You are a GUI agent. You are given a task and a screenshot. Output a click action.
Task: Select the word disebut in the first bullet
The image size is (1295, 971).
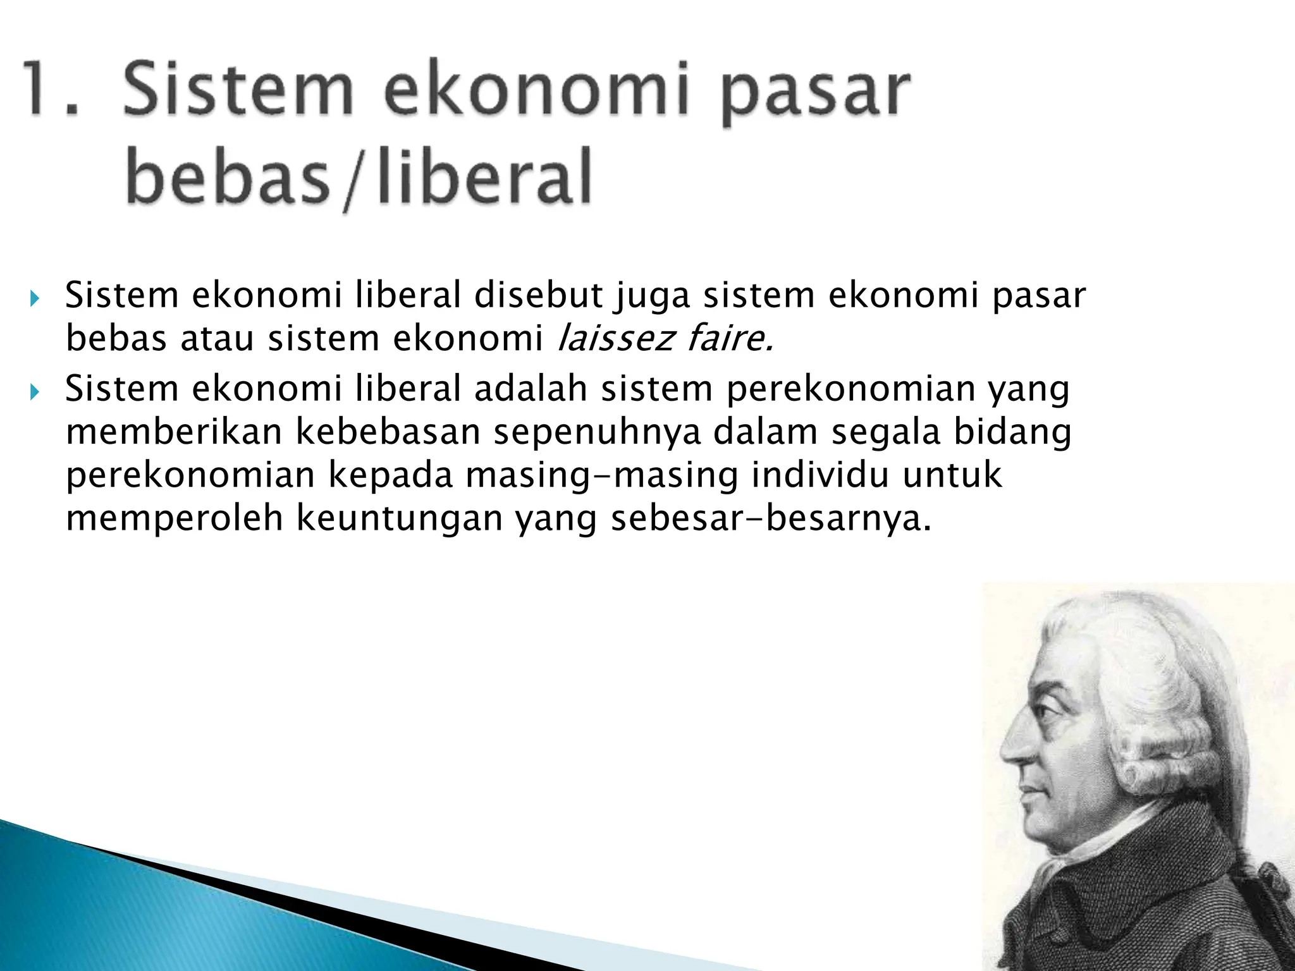click(538, 296)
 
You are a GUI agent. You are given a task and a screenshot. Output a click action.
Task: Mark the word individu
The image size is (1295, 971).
click(821, 475)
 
